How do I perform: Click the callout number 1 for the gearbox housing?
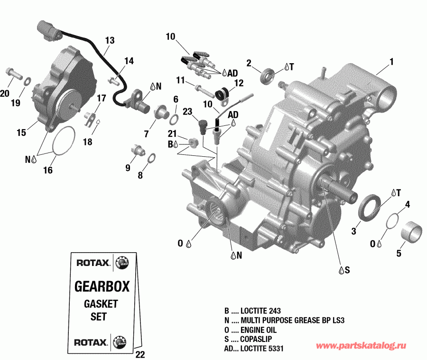point(391,61)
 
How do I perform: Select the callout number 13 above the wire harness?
point(110,40)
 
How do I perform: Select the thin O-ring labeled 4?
point(392,221)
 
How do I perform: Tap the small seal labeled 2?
point(269,75)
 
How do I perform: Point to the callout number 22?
point(139,354)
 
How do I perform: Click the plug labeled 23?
point(203,126)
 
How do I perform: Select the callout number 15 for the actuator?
point(21,133)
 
